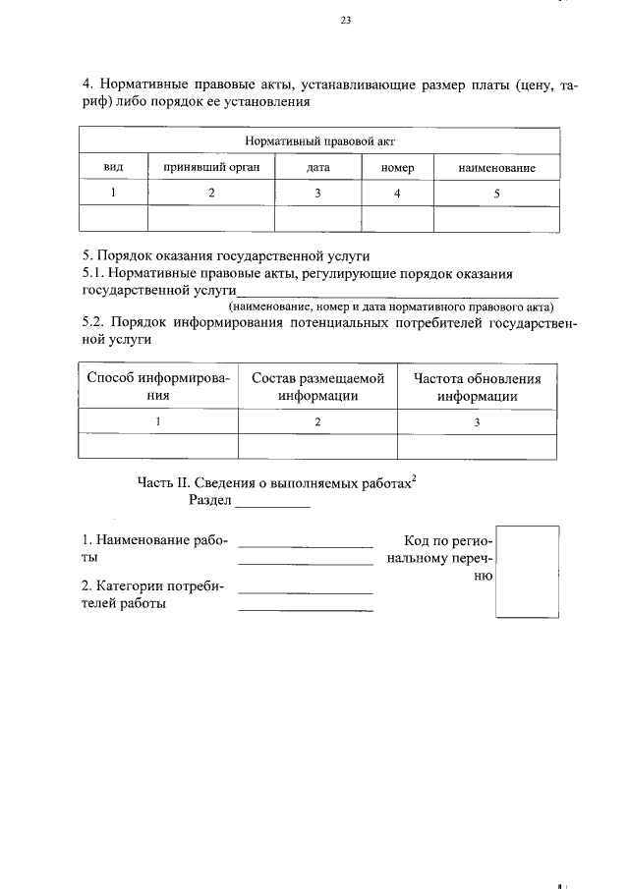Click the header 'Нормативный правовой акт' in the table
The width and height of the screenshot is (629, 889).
[319, 140]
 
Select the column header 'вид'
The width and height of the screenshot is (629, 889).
[113, 168]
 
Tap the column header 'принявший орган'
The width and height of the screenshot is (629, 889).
[211, 168]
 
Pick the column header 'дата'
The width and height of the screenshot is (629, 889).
[317, 168]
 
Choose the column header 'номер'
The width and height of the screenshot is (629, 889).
[397, 168]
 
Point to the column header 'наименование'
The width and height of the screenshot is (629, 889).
[496, 168]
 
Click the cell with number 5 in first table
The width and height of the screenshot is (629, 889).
[496, 194]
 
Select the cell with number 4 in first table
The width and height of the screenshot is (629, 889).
[397, 194]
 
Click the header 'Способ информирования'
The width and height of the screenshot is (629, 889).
[158, 387]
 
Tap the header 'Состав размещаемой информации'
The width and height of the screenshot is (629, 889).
[317, 387]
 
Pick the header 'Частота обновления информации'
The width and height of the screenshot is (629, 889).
[478, 387]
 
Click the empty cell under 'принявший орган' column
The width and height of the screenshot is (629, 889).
[211, 219]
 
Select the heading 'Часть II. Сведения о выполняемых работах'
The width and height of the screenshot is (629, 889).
[278, 481]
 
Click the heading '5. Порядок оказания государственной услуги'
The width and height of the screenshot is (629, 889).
[212, 256]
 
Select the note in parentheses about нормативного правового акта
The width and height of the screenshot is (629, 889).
[391, 306]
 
